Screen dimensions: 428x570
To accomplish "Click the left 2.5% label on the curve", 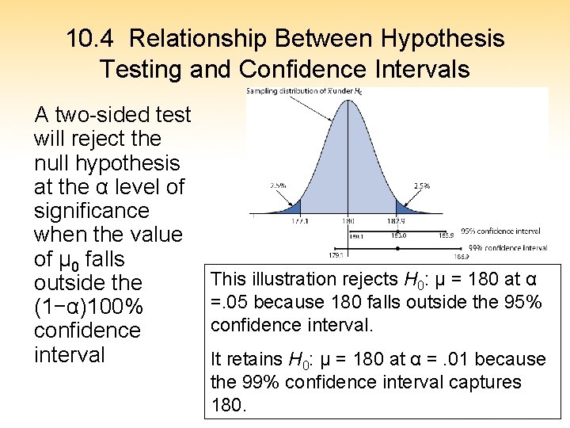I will tap(278, 185).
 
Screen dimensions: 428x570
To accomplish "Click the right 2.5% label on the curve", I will tap(421, 185).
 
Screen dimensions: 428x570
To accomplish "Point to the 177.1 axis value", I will tap(299, 222).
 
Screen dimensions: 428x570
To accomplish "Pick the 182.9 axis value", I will tap(397, 222).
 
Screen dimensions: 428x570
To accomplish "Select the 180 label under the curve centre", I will tap(348, 222).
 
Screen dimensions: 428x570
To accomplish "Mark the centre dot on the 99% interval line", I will tap(397, 248).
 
